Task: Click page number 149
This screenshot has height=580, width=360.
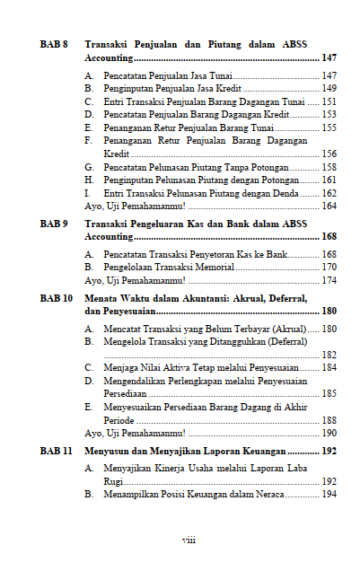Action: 329,89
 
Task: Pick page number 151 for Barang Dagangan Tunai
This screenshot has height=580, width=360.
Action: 329,102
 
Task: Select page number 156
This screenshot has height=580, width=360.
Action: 329,154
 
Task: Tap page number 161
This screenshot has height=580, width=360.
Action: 329,180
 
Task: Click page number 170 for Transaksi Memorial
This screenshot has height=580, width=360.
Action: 329,267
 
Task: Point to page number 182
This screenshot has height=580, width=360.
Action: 329,355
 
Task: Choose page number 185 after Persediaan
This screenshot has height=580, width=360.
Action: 329,393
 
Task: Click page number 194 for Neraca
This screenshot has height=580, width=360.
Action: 329,495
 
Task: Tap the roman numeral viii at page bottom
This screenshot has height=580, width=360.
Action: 189,540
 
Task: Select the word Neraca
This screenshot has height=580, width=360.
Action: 271,495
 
